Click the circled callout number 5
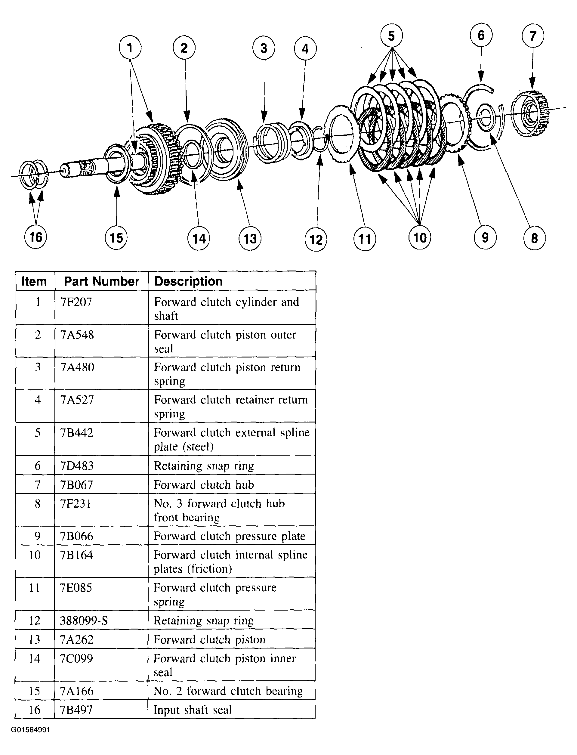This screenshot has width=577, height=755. pos(392,36)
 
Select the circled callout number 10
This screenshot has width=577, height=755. pos(420,238)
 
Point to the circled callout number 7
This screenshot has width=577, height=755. pos(533,36)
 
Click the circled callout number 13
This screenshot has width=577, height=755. pos(250,238)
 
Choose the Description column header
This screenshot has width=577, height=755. pos(188,281)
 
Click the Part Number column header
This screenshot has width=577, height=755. pos(101,281)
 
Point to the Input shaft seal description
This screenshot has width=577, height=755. pos(192,710)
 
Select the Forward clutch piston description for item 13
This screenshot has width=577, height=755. pos(209,639)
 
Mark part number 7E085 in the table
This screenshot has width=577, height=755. pos(76,588)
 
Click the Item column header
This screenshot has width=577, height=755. pos(34,281)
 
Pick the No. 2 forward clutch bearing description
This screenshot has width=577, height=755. pos(228,691)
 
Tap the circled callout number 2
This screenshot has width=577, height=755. pos(184,48)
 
